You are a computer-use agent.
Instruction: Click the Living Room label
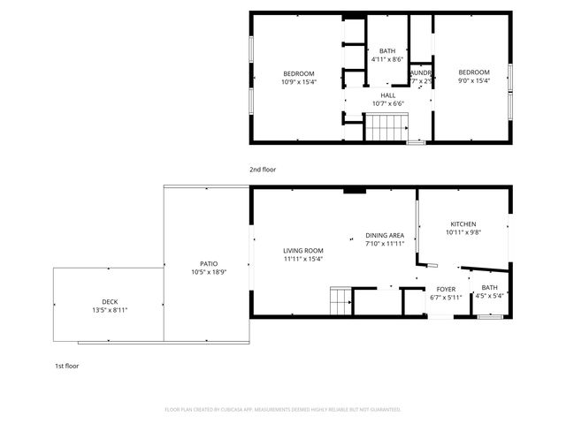(303, 250)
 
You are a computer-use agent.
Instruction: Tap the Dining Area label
(385, 235)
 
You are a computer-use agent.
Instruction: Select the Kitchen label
(463, 224)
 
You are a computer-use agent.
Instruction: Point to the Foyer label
(446, 289)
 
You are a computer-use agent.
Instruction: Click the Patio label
(209, 263)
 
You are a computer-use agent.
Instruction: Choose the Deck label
(110, 301)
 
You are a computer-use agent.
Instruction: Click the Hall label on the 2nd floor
(387, 95)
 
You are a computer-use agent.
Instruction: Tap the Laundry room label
(420, 72)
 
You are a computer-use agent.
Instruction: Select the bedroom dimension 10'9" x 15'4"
(298, 81)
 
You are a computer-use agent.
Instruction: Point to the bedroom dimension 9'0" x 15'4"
(473, 81)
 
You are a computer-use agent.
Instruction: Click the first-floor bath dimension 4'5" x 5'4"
(489, 297)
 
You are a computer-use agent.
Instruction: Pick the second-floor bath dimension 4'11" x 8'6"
(387, 59)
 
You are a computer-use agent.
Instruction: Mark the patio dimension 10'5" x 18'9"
(209, 272)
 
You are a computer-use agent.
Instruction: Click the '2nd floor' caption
(263, 168)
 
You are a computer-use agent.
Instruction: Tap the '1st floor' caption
(66, 365)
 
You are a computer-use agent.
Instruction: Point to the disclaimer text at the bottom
(283, 410)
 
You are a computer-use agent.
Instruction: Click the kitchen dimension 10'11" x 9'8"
(463, 233)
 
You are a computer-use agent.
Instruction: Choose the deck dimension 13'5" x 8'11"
(110, 310)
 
